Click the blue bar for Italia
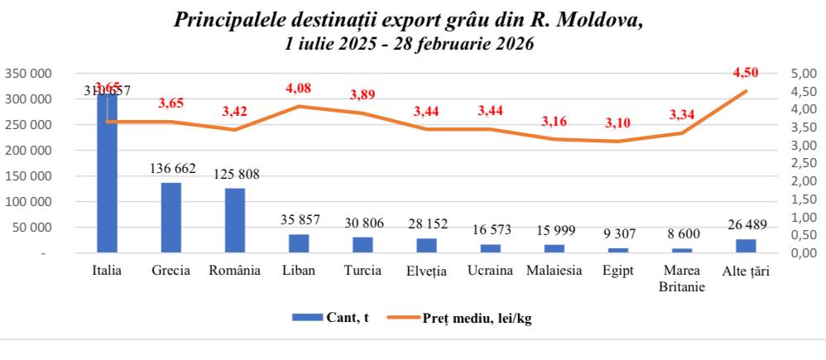(107, 173)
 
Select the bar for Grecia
(170, 218)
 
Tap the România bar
(235, 220)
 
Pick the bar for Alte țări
(746, 246)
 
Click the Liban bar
(299, 243)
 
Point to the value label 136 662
(172, 169)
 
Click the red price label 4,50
(745, 72)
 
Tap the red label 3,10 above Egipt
(618, 123)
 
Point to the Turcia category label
(363, 270)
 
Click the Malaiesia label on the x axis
(554, 270)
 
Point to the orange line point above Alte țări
(746, 91)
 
